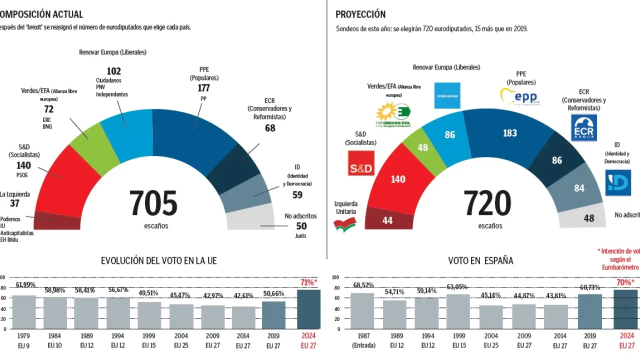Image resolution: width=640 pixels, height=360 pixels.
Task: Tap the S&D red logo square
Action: coord(361,163)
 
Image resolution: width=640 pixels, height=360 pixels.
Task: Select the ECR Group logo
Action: coord(583,128)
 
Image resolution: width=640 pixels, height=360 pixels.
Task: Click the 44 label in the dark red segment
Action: coord(387,220)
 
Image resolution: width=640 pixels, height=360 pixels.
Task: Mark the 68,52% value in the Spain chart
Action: coord(363,285)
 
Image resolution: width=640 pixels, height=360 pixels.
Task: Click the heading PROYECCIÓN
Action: coord(360,14)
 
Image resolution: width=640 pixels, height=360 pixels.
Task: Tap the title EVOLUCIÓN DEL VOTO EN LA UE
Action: coord(159,260)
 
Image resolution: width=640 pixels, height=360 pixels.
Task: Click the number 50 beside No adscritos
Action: coord(301,226)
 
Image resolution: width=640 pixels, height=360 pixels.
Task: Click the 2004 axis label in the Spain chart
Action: coord(491,336)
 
